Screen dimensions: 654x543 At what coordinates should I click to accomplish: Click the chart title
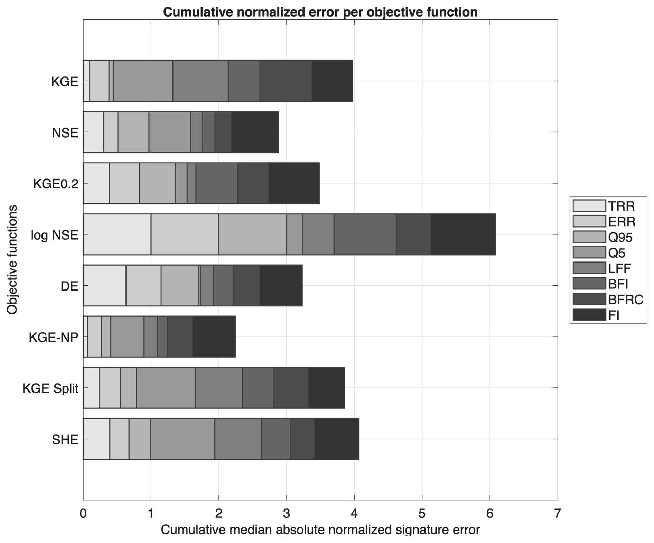click(320, 12)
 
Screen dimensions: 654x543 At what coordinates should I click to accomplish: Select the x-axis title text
click(320, 530)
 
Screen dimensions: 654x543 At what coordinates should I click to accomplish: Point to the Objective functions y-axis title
click(12, 260)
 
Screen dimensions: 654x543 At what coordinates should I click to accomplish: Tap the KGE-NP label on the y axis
click(54, 337)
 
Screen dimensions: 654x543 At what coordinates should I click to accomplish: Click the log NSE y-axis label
click(55, 235)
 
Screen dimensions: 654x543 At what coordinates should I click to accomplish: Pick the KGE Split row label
click(50, 389)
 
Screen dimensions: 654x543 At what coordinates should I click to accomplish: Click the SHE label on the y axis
click(65, 440)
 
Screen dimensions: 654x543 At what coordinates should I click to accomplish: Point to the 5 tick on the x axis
click(422, 514)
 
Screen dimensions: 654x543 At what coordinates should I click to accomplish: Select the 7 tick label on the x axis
click(557, 514)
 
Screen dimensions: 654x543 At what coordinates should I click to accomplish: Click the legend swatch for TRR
click(589, 205)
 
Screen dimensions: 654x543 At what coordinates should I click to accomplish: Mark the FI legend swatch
click(589, 315)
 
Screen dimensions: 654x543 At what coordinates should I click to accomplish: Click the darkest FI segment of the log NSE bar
click(463, 234)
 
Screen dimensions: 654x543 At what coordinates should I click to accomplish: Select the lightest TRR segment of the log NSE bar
click(117, 234)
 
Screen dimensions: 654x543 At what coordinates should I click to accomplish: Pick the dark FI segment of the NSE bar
click(255, 132)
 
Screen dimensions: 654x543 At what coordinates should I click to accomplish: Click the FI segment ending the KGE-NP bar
click(214, 337)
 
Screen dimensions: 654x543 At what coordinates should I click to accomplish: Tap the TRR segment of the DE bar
click(104, 285)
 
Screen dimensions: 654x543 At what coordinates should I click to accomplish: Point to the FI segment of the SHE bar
click(337, 439)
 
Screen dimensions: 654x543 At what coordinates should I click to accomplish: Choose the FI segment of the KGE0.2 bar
click(294, 183)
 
